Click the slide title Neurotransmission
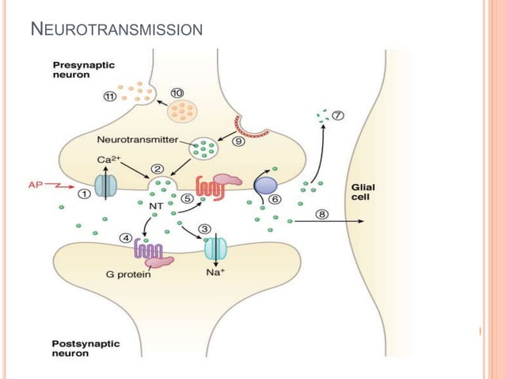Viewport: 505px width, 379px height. tap(116, 31)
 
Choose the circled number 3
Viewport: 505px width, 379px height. tap(205, 229)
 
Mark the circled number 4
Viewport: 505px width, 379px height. tap(125, 237)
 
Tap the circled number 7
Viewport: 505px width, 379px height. tap(338, 116)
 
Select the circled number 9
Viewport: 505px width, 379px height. tap(238, 144)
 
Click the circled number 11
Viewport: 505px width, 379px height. tap(110, 97)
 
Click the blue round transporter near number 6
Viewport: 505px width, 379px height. tap(264, 186)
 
